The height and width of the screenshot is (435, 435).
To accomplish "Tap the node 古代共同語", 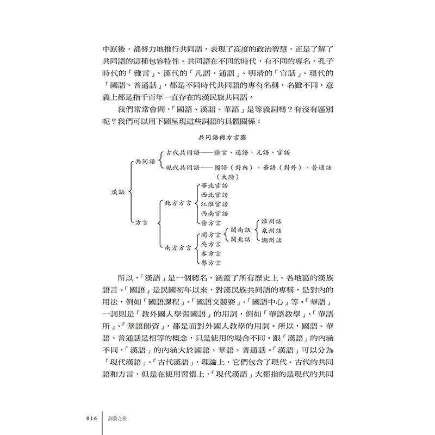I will pos(183,153).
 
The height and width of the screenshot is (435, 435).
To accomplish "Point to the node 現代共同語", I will pos(183,168).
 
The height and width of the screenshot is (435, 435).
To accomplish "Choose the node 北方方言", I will pos(178,203).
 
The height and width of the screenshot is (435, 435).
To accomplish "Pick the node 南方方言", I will pos(178,247).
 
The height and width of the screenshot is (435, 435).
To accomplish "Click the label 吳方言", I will pos(211,244).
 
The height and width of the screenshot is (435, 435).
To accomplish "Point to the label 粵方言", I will pos(211,263).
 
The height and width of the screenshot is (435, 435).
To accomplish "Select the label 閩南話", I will pos(241,229).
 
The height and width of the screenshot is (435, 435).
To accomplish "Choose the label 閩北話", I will pos(241,239).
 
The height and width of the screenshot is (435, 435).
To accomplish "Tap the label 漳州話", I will pos(272,222).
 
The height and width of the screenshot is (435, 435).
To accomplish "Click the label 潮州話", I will pos(272,240).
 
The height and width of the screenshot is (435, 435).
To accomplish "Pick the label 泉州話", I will pos(272,231).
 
